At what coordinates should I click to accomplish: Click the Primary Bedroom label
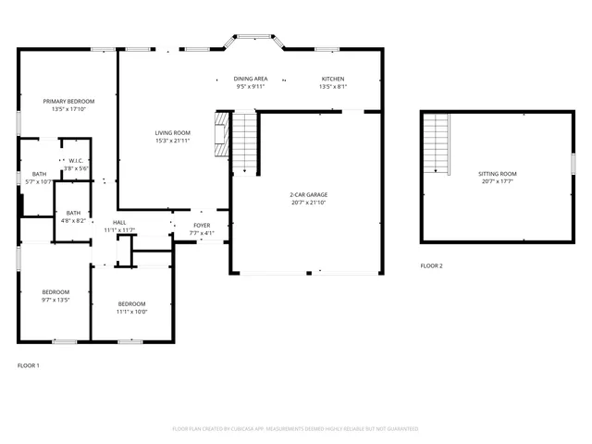[68, 101]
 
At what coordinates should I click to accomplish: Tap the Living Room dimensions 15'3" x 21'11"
[173, 142]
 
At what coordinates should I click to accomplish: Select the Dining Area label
[250, 80]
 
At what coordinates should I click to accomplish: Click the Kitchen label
[332, 80]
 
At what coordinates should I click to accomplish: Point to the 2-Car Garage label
[309, 194]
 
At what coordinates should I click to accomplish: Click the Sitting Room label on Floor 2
[497, 174]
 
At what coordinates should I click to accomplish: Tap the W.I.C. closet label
[76, 161]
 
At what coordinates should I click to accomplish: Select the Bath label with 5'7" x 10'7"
[39, 174]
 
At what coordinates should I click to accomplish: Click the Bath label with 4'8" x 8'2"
[73, 213]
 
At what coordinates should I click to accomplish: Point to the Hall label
[119, 223]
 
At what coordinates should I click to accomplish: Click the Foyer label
[202, 226]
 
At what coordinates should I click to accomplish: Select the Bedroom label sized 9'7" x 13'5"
[55, 292]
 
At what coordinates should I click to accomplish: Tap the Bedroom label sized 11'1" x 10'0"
[131, 304]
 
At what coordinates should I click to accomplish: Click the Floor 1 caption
[29, 365]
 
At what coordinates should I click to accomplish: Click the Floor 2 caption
[431, 265]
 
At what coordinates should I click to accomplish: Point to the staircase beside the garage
[242, 142]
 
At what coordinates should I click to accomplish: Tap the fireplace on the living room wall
[221, 136]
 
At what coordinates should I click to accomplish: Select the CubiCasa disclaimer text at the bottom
[295, 428]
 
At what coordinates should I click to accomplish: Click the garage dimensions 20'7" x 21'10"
[309, 202]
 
